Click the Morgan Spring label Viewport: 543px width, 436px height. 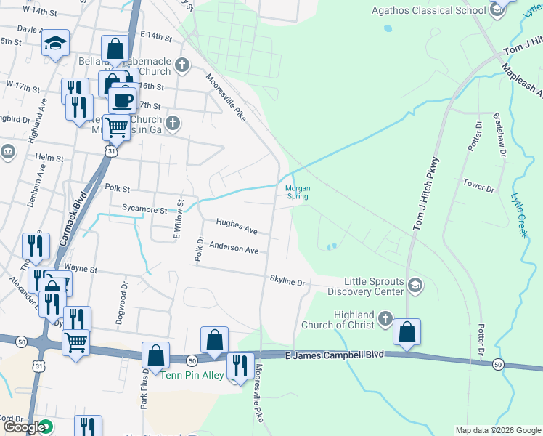tap(298, 192)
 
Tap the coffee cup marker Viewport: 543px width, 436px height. tap(122, 100)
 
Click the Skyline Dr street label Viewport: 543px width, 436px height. tap(287, 280)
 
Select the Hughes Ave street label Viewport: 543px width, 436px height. tap(237, 227)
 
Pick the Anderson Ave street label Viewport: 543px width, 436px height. tap(234, 249)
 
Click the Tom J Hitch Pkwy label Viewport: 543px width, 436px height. tap(427, 195)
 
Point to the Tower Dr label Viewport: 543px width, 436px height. tap(478, 186)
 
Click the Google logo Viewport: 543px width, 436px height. tap(24, 427)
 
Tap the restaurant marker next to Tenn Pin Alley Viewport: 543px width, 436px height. tap(240, 366)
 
